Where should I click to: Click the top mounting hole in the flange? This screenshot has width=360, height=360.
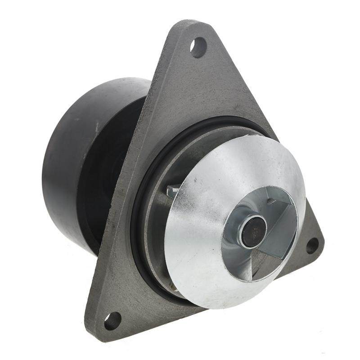(198, 47)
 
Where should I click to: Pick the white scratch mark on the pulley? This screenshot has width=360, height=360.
(96, 127)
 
